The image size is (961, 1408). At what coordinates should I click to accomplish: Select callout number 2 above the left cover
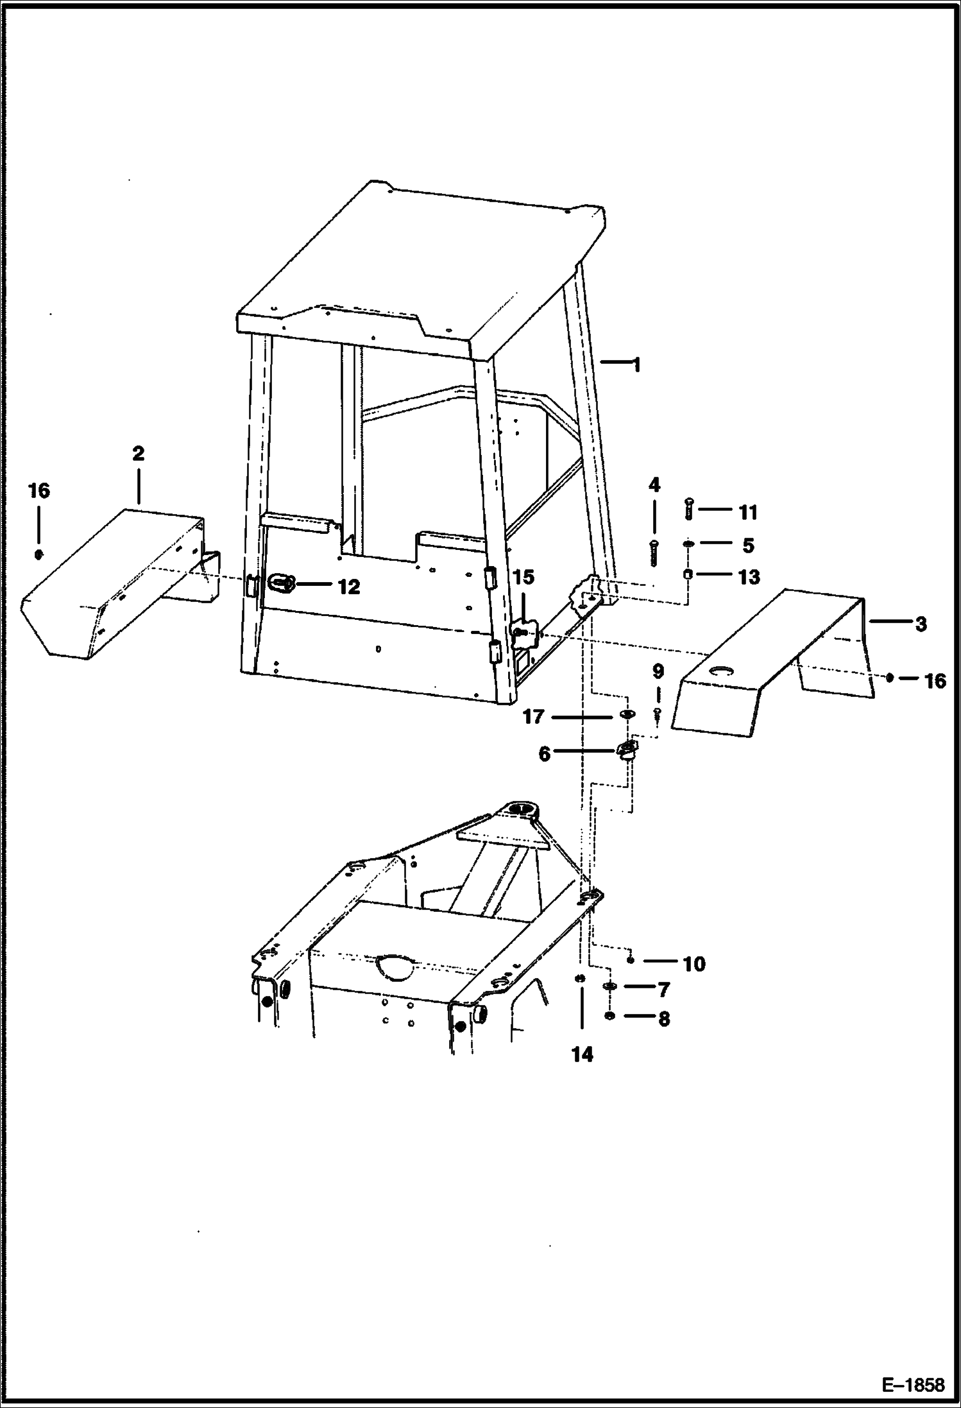coord(138,454)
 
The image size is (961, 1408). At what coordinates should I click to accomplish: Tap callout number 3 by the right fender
coord(921,623)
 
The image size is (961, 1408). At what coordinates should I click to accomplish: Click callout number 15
coord(523,578)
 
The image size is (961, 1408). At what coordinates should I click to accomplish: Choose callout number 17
coord(533,716)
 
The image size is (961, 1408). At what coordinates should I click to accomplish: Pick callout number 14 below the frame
coord(583,1054)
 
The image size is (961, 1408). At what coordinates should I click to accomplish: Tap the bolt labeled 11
coord(688,510)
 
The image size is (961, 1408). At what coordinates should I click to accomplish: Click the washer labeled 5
coord(688,544)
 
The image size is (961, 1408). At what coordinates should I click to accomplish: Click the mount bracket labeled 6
coord(627,749)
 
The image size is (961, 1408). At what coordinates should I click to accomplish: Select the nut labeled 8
coord(610,1016)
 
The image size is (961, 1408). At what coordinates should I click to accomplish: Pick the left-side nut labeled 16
coord(38,554)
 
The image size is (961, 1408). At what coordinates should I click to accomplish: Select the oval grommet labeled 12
coord(282,583)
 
